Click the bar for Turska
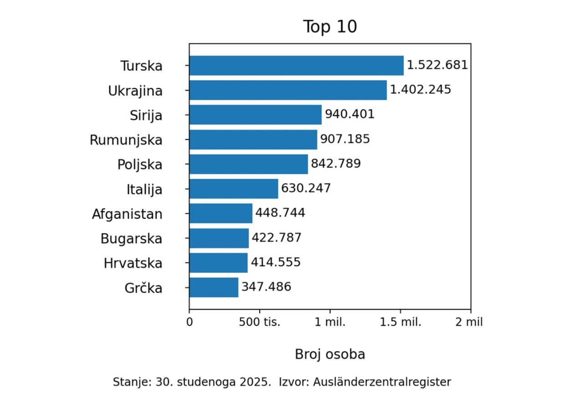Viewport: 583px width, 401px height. click(x=296, y=65)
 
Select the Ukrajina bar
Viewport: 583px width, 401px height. click(x=288, y=90)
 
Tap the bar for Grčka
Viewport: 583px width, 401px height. click(x=214, y=287)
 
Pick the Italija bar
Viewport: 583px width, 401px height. click(x=234, y=189)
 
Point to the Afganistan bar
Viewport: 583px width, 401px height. click(x=220, y=213)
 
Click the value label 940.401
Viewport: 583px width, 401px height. click(x=349, y=114)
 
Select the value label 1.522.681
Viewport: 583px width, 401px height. click(x=437, y=65)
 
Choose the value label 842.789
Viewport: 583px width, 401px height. click(x=336, y=164)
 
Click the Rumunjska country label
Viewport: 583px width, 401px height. click(x=126, y=140)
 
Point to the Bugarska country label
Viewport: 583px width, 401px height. click(x=131, y=238)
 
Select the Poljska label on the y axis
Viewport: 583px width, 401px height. click(x=139, y=165)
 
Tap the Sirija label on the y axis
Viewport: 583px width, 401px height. click(x=146, y=115)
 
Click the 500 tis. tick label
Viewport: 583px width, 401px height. click(x=260, y=322)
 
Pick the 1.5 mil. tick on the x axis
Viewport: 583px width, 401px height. click(x=401, y=322)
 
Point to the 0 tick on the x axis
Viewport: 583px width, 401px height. click(x=189, y=322)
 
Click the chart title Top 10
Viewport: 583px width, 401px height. click(x=330, y=27)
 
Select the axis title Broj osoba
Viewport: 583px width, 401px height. click(x=330, y=354)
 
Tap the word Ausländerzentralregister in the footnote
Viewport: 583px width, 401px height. click(x=382, y=382)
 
